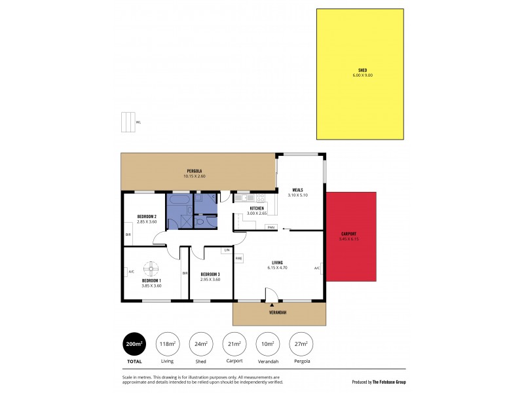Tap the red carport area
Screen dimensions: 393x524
(x=352, y=236)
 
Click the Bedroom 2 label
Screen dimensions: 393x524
(x=146, y=217)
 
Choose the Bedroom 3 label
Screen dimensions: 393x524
(x=210, y=274)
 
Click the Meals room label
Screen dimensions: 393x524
(x=297, y=190)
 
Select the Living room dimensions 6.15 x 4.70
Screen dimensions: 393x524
(x=278, y=268)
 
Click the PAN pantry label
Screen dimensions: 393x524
(x=270, y=227)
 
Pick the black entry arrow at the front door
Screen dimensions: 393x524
(x=272, y=305)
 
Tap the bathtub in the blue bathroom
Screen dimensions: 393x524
(x=179, y=198)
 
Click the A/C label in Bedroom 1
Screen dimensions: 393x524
(x=132, y=271)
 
